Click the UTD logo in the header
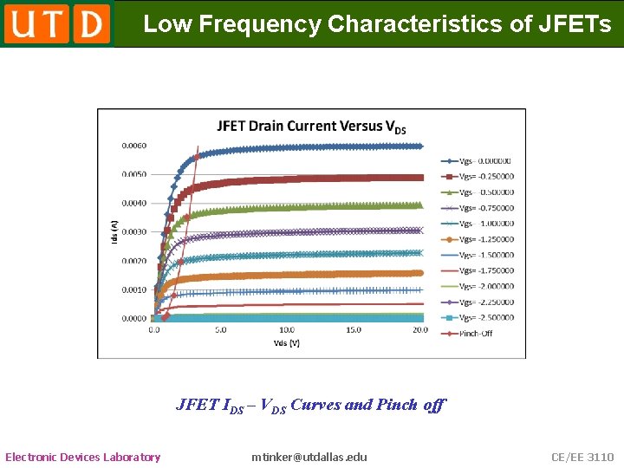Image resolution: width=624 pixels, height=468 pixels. point(57,23)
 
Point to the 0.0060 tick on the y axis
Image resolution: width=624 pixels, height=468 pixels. point(133,146)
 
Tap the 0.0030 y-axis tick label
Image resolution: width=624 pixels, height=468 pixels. point(133,232)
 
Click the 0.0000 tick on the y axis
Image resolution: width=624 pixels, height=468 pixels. point(133,319)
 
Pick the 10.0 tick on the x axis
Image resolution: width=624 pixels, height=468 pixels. point(286,330)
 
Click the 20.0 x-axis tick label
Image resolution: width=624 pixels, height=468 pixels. point(419,330)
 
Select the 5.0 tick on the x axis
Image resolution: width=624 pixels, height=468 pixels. point(220,330)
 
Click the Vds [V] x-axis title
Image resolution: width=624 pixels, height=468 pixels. point(286,343)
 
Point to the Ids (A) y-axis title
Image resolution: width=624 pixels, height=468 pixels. point(114,230)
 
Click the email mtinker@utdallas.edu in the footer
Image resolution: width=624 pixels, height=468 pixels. point(309,457)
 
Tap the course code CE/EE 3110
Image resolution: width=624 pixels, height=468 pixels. point(582,457)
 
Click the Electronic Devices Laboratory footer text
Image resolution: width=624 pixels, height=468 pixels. point(83,457)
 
